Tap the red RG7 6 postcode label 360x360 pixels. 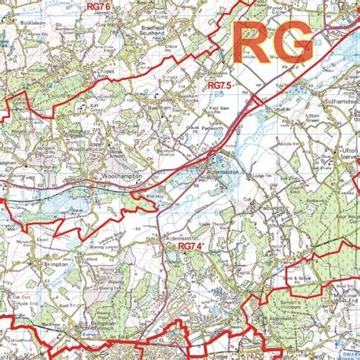pyautogui.click(x=98, y=7)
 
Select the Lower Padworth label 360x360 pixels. pyautogui.click(x=225, y=124)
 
